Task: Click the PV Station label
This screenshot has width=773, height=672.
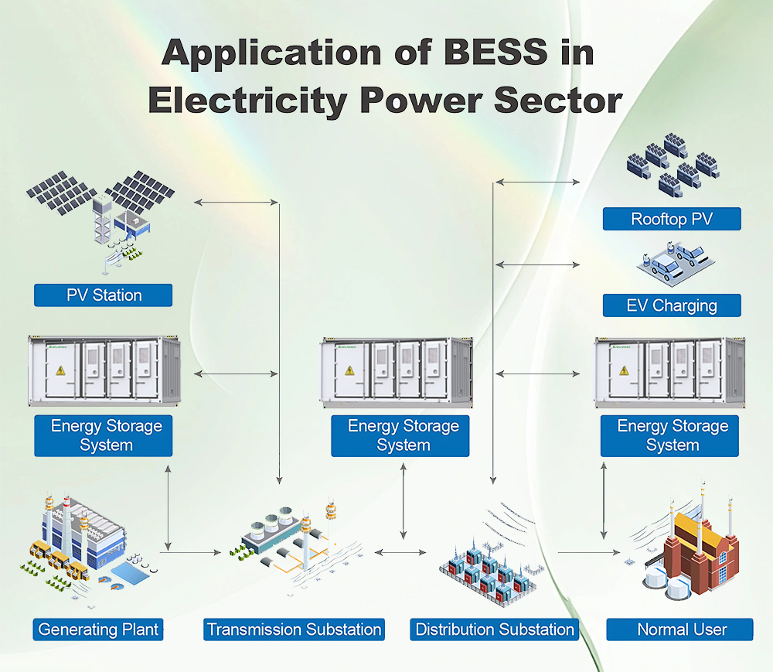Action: pyautogui.click(x=103, y=295)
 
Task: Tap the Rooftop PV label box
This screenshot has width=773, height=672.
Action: pyautogui.click(x=671, y=219)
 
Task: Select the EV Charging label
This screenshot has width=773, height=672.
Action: pyautogui.click(x=671, y=305)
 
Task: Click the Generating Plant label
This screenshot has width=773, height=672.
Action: pyautogui.click(x=99, y=629)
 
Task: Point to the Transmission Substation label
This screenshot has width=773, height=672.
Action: pyautogui.click(x=294, y=629)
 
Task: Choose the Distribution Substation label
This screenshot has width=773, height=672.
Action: pyautogui.click(x=495, y=629)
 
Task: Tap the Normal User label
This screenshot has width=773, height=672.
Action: pyautogui.click(x=679, y=629)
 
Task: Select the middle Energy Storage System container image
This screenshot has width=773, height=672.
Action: pyautogui.click(x=397, y=372)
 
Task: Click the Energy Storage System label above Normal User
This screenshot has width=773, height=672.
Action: pyautogui.click(x=671, y=435)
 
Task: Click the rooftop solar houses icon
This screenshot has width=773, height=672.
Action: pyautogui.click(x=671, y=162)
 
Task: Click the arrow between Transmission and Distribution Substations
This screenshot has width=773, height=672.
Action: pyautogui.click(x=400, y=552)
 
